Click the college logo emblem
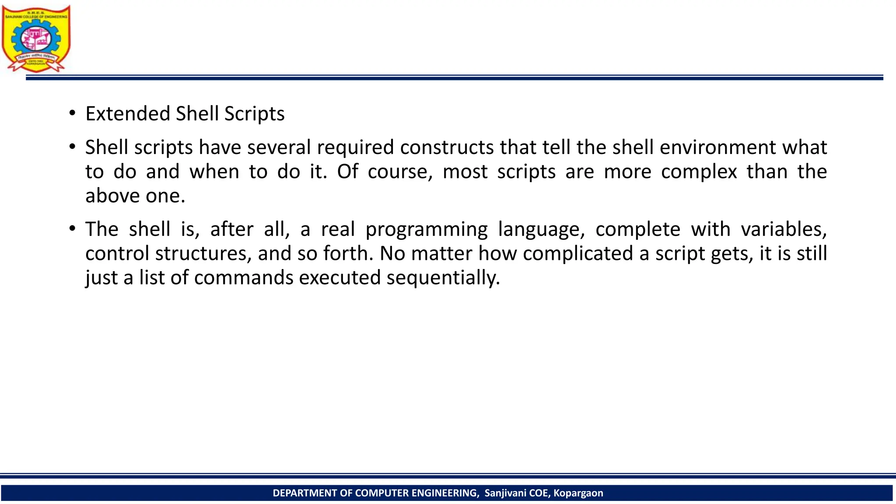pyautogui.click(x=36, y=38)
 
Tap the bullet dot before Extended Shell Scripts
pyautogui.click(x=72, y=113)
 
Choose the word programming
pyautogui.click(x=426, y=229)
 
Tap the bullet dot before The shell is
pyautogui.click(x=72, y=229)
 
